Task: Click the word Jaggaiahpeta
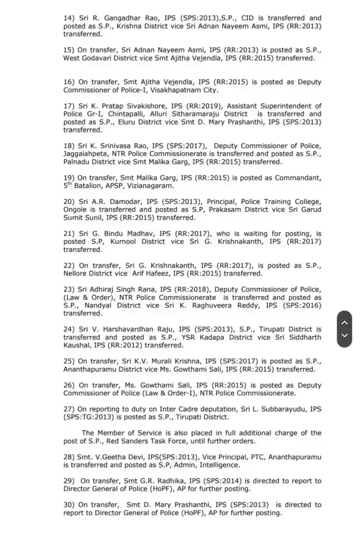[86, 154]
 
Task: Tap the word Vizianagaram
[148, 186]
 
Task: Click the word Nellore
[77, 273]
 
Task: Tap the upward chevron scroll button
[344, 323]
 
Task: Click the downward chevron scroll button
[344, 336]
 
